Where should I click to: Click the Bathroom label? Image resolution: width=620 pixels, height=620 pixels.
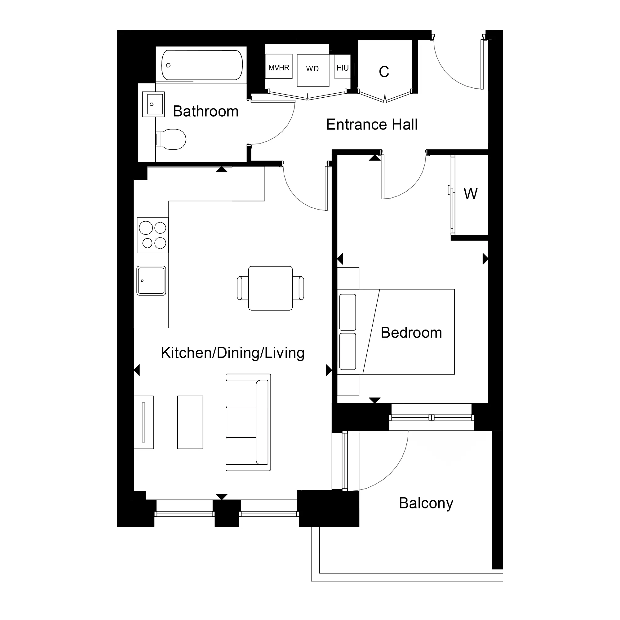pyautogui.click(x=206, y=112)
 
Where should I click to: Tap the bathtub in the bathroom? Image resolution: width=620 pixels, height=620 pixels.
pyautogui.click(x=202, y=65)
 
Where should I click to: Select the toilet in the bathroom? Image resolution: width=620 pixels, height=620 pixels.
pyautogui.click(x=172, y=139)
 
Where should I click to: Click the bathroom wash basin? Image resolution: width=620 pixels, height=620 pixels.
pyautogui.click(x=154, y=104)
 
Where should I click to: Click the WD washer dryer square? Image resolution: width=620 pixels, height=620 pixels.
pyautogui.click(x=313, y=70)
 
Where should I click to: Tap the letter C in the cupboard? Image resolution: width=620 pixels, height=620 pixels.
pyautogui.click(x=384, y=72)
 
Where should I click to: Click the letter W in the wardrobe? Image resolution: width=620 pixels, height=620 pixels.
pyautogui.click(x=471, y=194)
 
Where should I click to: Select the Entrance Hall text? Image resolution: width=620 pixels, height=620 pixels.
pyautogui.click(x=372, y=125)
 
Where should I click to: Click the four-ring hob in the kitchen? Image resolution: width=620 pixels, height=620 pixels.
pyautogui.click(x=153, y=235)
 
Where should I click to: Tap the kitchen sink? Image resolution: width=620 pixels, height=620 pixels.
pyautogui.click(x=151, y=281)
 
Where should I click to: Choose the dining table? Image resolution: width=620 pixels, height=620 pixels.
pyautogui.click(x=270, y=288)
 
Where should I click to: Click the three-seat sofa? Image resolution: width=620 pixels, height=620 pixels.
pyautogui.click(x=248, y=422)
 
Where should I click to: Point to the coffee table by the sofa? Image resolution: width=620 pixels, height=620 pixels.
pyautogui.click(x=190, y=422)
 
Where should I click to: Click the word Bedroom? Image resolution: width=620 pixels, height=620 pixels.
pyautogui.click(x=411, y=333)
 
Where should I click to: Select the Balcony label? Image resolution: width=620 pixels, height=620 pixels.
pyautogui.click(x=426, y=503)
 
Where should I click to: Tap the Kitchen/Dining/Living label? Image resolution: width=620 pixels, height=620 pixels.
pyautogui.click(x=232, y=353)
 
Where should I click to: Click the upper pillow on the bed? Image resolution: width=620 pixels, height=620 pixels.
pyautogui.click(x=348, y=312)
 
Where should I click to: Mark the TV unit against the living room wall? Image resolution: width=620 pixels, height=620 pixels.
pyautogui.click(x=144, y=422)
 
